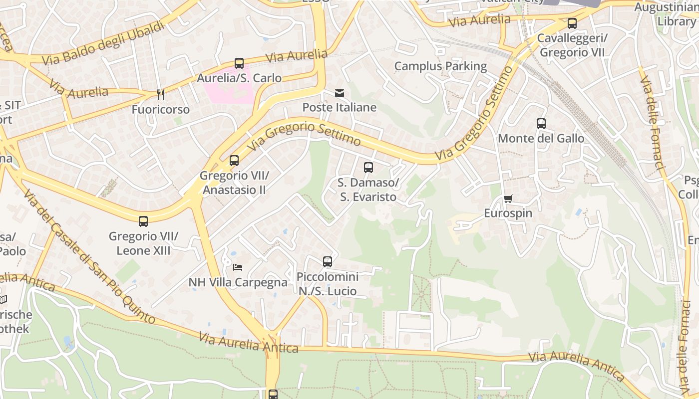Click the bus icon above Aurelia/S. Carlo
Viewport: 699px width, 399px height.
(x=239, y=63)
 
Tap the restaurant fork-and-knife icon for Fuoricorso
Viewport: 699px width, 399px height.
(x=161, y=95)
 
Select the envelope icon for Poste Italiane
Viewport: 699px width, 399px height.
(x=340, y=93)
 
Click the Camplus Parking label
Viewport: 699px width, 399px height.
(x=440, y=66)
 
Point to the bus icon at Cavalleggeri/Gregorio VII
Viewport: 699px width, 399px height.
(x=572, y=23)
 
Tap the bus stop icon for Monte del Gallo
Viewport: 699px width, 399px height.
(x=541, y=124)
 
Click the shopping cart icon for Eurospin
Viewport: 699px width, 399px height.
(x=508, y=199)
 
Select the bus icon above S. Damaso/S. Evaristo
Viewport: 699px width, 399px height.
(x=368, y=168)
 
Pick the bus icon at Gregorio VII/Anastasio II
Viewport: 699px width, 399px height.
(x=234, y=161)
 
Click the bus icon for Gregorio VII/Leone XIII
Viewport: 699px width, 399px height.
(x=143, y=221)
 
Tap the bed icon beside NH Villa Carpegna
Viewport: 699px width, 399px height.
(x=238, y=268)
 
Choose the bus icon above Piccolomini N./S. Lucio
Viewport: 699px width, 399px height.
(x=328, y=262)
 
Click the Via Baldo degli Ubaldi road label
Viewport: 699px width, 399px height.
(x=103, y=43)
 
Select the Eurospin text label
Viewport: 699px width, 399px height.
(x=508, y=213)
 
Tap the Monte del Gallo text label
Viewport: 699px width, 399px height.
(x=541, y=138)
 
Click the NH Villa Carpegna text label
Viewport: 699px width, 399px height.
(x=238, y=282)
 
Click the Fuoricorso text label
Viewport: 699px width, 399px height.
(x=161, y=109)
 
